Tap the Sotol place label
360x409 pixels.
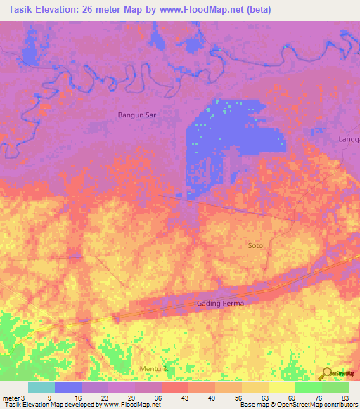tap(257, 245)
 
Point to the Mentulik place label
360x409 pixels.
tap(135, 368)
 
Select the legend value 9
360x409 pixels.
tap(49, 398)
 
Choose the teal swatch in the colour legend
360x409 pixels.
tap(41, 387)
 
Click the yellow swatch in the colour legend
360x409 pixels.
tap(282, 387)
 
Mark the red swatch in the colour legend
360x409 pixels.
tap(175, 387)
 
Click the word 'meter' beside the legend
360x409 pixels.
tap(11, 398)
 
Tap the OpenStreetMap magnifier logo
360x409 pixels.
tap(326, 374)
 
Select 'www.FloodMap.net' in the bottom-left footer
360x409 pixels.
tap(133, 405)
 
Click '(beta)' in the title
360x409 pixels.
tap(257, 10)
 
